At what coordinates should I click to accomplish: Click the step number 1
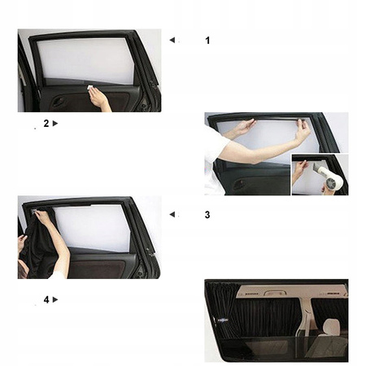point(207,39)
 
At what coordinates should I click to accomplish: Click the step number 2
point(46,124)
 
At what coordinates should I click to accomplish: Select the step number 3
point(207,215)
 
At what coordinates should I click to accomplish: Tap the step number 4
point(46,299)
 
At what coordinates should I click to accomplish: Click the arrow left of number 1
point(172,39)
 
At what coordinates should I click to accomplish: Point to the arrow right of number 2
point(55,124)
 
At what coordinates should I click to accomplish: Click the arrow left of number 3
point(172,215)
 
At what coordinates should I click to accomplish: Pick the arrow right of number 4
point(55,299)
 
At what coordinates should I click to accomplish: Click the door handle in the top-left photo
point(58,102)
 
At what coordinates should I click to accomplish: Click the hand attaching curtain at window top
point(39,214)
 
